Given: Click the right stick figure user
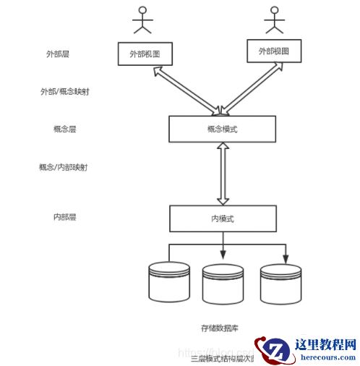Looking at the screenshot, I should [273, 22].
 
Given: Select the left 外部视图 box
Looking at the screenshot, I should [148, 54].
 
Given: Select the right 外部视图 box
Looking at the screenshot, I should [273, 51].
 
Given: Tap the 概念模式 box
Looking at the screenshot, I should [222, 129].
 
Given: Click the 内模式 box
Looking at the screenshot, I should [222, 218].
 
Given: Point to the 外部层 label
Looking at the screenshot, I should [57, 54].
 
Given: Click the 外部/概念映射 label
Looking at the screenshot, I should [66, 92].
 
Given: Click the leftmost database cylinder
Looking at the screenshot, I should [168, 281].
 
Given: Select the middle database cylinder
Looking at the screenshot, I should [223, 283].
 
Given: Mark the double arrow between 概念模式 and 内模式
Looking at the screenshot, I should [223, 174].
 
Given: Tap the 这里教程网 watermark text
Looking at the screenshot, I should [325, 345].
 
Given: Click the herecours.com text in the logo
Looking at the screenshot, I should [325, 357].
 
